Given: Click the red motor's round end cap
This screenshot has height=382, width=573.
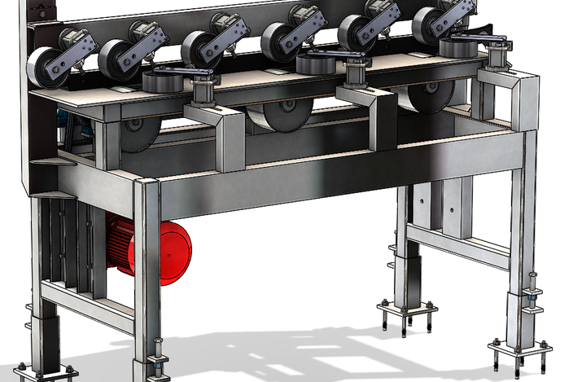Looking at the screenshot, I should pyautogui.click(x=173, y=252).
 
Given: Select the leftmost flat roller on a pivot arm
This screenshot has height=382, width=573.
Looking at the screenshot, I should pyautogui.click(x=164, y=81).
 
